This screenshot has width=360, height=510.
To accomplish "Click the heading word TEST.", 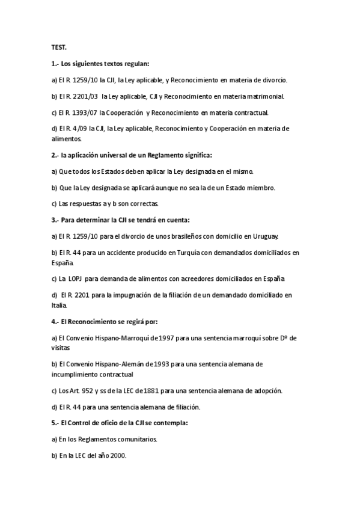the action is point(58,48).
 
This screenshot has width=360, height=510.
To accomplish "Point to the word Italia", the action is point(59,305).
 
